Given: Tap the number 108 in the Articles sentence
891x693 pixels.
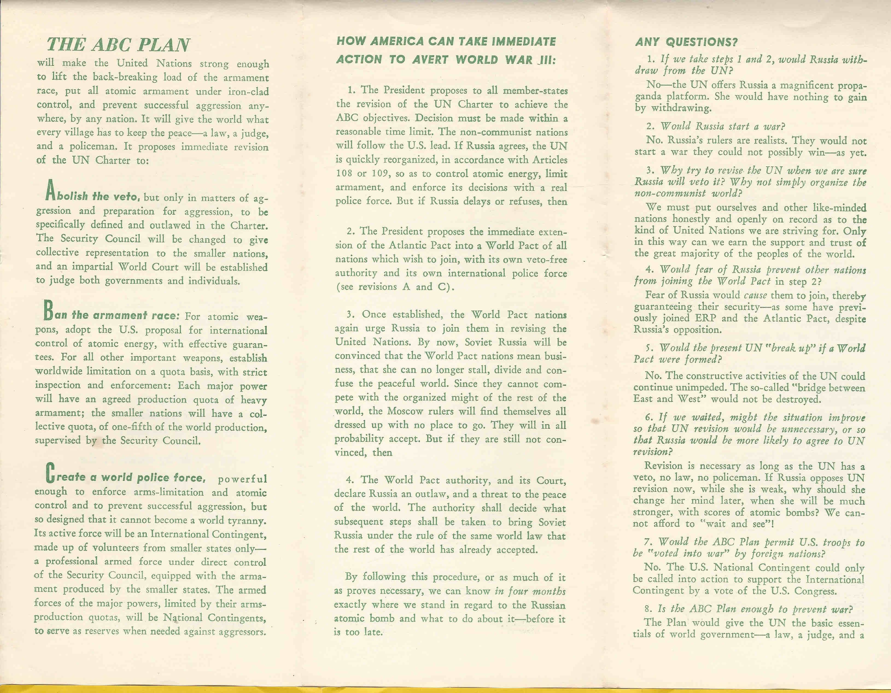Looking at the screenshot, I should tap(344, 173).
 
